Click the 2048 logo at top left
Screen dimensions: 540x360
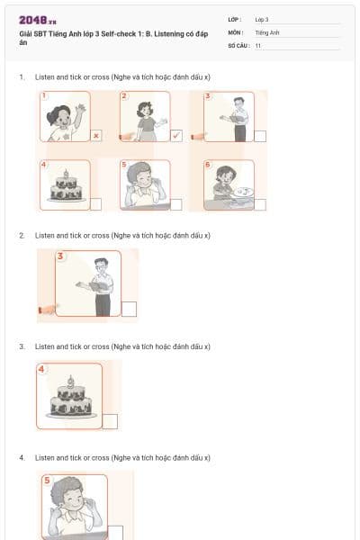(38, 19)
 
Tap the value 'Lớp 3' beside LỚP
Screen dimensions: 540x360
(262, 19)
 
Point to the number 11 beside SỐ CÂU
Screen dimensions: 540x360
(258, 44)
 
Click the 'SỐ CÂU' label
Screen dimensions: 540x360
(237, 44)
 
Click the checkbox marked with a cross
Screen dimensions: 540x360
(95, 136)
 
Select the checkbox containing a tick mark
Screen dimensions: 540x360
(177, 136)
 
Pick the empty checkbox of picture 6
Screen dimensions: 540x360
(259, 204)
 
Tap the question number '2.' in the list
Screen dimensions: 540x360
(22, 235)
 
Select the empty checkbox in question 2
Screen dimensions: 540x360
(129, 310)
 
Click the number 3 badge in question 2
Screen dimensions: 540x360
(61, 256)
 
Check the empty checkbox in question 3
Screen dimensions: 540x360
(111, 420)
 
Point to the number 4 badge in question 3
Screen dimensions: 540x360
(42, 368)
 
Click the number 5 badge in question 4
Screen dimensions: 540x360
(48, 480)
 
